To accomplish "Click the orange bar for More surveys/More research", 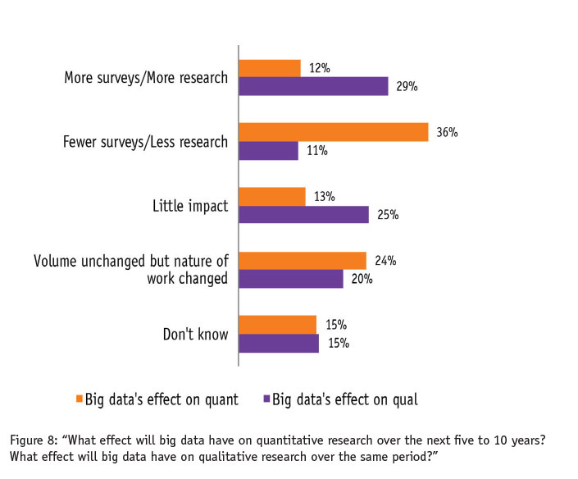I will click(x=270, y=68).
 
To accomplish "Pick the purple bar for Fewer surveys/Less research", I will click(x=268, y=150).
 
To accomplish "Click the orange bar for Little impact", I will click(x=272, y=196).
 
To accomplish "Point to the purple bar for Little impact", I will click(x=304, y=215).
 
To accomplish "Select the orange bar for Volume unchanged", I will click(x=303, y=261).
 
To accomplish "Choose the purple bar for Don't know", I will click(x=279, y=343).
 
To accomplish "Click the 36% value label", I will click(x=447, y=132).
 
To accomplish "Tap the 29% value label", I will click(x=407, y=86).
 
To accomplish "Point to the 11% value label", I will click(x=316, y=150).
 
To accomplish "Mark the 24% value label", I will click(x=385, y=261).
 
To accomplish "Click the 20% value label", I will click(x=362, y=279).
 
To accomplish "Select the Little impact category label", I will click(x=190, y=206).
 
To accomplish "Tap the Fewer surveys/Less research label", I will click(x=145, y=142).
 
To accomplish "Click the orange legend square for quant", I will click(x=80, y=399).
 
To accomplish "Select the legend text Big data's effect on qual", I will click(x=345, y=399).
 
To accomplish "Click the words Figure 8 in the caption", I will click(x=34, y=440).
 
